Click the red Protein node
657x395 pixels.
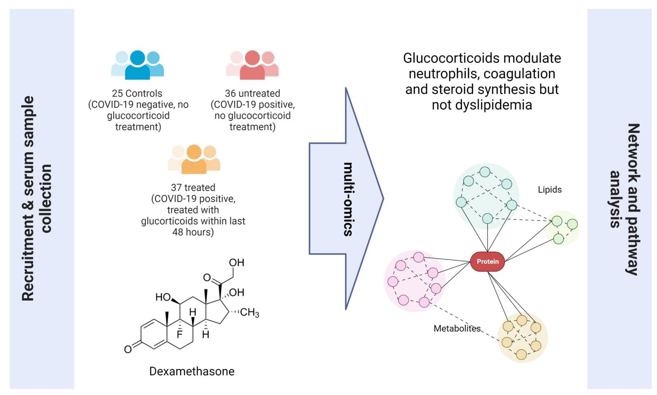[x=487, y=261]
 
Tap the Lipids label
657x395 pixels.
[x=550, y=189]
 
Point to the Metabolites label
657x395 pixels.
[x=457, y=328]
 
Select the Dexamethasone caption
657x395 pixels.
[x=192, y=371]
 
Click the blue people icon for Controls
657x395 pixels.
[x=137, y=65]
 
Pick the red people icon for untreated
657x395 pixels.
[x=252, y=65]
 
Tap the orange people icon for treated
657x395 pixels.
[x=194, y=159]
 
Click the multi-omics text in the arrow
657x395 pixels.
[x=348, y=199]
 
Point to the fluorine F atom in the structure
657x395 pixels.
[x=179, y=335]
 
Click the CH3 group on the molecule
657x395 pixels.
[x=249, y=313]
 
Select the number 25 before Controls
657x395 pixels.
[x=117, y=94]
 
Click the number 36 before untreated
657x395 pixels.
[x=230, y=94]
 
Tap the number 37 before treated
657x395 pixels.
[x=176, y=188]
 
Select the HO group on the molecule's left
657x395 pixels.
[x=163, y=297]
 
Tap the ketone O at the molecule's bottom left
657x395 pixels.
[x=128, y=349]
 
